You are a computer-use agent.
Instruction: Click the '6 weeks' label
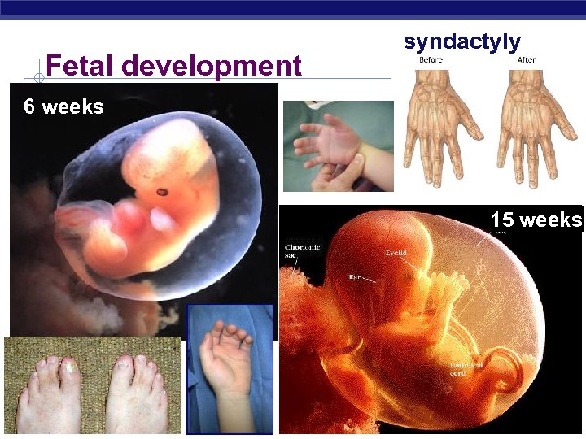tap(63, 106)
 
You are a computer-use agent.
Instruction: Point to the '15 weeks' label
tap(536, 220)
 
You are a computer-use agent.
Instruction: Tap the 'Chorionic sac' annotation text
tap(302, 250)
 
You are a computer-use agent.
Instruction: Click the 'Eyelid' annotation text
tap(396, 253)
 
